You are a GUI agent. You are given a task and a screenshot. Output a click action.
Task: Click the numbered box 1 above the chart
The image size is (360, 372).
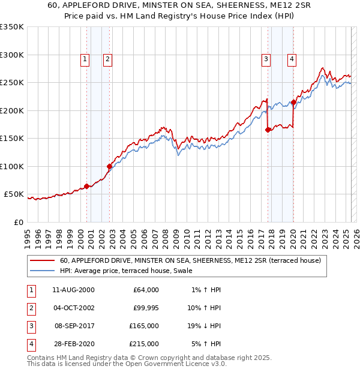(x=85, y=59)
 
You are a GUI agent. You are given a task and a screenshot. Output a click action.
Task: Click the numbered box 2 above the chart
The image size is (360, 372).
(x=107, y=59)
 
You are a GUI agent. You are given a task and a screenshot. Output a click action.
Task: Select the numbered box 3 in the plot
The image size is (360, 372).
(x=265, y=59)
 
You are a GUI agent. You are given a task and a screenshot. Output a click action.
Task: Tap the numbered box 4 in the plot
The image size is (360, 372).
(x=291, y=59)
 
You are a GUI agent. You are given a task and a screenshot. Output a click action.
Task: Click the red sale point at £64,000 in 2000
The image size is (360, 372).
(x=86, y=186)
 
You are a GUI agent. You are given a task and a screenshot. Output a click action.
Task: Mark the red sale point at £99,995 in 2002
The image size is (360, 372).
(x=109, y=166)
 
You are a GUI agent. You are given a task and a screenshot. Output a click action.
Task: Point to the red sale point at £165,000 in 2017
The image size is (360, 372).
(x=268, y=130)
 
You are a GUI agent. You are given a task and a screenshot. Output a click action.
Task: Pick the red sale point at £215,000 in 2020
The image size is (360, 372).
(x=293, y=102)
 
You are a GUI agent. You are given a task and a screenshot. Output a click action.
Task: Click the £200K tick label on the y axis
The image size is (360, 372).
(x=12, y=110)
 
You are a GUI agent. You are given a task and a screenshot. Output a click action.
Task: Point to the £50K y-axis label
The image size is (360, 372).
(x=14, y=194)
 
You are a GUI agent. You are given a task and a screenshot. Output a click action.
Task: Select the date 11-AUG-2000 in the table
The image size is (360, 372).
(x=73, y=290)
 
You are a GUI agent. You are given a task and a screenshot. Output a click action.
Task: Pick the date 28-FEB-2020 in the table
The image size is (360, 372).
(x=73, y=344)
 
